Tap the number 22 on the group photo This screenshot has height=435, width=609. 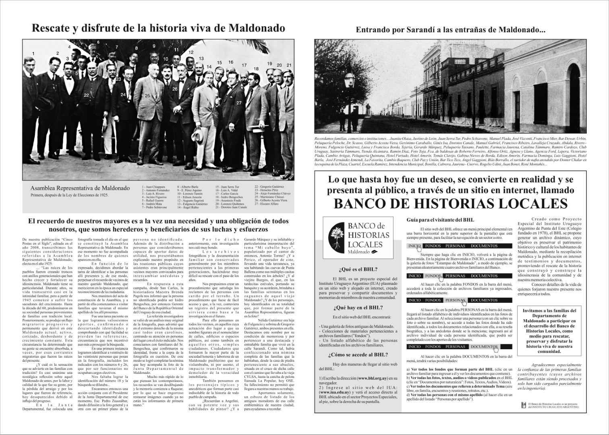pos(86,95)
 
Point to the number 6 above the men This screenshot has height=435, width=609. pos(98,42)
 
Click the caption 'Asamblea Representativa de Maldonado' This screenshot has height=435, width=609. pos(80,188)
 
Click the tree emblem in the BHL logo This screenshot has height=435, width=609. pos(336,238)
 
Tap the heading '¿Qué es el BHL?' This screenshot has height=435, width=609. pos(358,269)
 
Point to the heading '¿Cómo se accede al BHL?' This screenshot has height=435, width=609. pos(358,355)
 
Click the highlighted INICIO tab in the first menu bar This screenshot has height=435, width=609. pos(414,246)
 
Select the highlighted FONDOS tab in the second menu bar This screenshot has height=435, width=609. pos(433,276)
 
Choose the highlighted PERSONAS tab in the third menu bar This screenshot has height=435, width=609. pos(455,300)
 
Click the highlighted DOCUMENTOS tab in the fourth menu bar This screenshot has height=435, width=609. pos(484,347)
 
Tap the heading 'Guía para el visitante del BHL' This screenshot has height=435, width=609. pos(440,220)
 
